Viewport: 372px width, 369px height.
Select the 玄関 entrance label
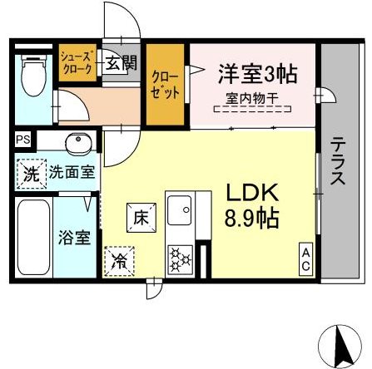point(116,63)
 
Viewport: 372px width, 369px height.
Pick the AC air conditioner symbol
point(306,258)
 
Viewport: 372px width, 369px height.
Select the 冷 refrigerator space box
point(120,260)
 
